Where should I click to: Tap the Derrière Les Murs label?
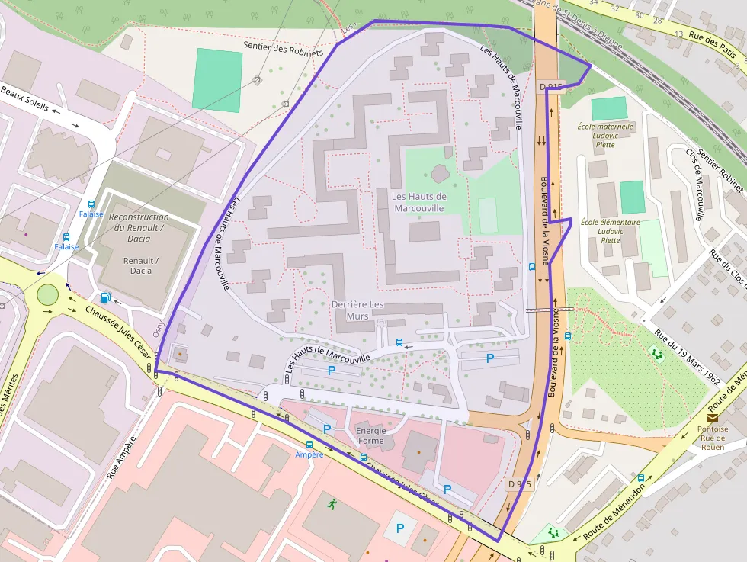(350, 310)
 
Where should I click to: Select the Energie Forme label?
(370, 435)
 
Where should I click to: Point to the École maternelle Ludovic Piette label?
(605, 135)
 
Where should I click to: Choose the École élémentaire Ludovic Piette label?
(609, 231)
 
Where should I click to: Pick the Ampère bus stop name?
(309, 454)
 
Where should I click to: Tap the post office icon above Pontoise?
(712, 418)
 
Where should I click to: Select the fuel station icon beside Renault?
(105, 297)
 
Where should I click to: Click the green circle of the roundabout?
(47, 294)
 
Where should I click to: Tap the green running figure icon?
(332, 504)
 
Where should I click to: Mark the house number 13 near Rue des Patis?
(678, 34)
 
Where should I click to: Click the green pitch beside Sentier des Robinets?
(218, 79)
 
